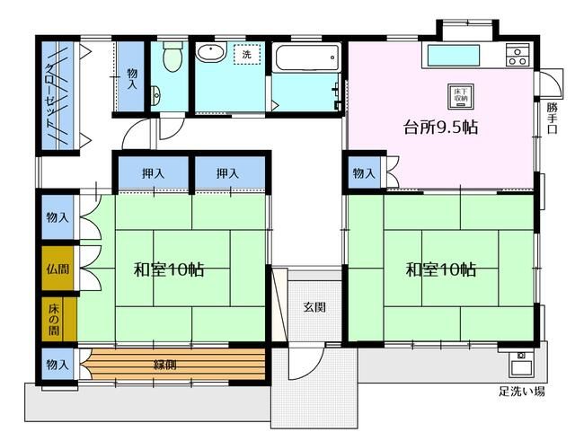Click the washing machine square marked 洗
(245, 54)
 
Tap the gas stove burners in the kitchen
(517, 55)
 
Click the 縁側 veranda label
(165, 366)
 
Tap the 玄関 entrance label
(314, 308)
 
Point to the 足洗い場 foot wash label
(521, 392)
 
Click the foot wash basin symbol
(520, 366)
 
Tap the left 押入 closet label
(152, 172)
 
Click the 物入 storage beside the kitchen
(363, 172)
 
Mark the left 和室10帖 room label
(170, 269)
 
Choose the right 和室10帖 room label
(440, 269)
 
